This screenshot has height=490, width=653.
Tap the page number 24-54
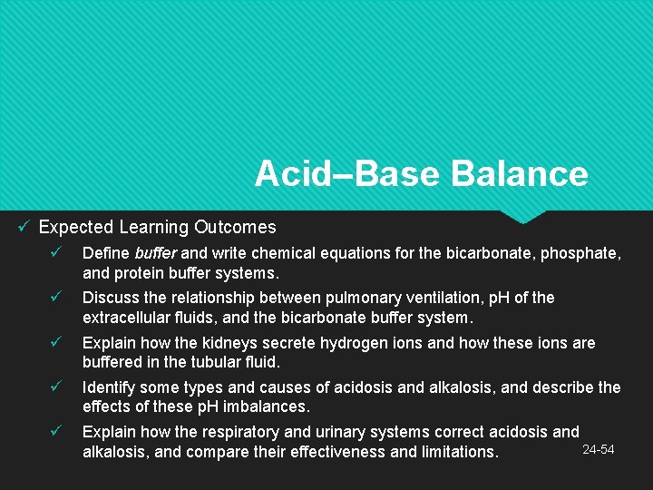(x=598, y=450)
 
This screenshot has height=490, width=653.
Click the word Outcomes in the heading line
(x=240, y=227)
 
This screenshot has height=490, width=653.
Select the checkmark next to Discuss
(x=56, y=298)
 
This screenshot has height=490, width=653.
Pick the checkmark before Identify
(x=56, y=387)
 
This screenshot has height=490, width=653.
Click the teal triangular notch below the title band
(x=523, y=217)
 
